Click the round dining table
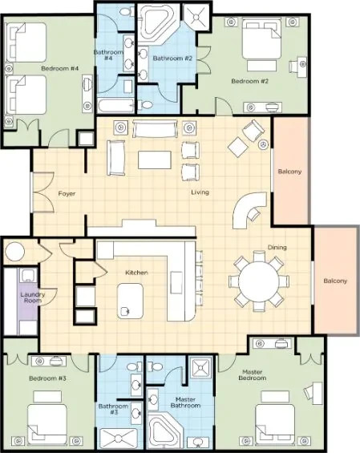(259, 281)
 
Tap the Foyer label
(67, 193)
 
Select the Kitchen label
(136, 273)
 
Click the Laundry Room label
(33, 297)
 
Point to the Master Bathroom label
(185, 402)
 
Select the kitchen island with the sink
(131, 301)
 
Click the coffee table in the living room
(155, 160)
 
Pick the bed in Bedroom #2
(261, 38)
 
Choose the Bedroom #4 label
(60, 68)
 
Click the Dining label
(277, 247)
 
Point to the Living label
(200, 192)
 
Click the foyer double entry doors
(43, 192)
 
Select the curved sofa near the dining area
(249, 210)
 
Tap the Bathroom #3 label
(113, 409)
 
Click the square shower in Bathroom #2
(196, 17)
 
